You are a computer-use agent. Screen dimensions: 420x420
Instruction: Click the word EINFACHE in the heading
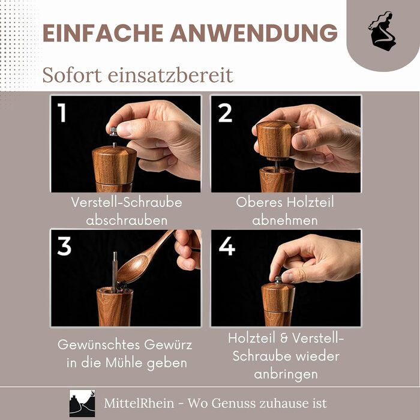(103, 33)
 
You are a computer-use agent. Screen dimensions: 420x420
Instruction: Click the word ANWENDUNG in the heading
(254, 33)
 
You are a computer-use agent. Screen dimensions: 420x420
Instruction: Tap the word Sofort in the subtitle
(72, 75)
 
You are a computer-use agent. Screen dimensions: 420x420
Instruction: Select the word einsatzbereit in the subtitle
(170, 75)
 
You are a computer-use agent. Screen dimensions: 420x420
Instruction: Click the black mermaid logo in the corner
(382, 31)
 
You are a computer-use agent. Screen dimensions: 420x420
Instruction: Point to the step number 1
(62, 113)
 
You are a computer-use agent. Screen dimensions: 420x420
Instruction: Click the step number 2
(225, 113)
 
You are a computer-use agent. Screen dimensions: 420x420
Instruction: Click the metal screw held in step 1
(113, 131)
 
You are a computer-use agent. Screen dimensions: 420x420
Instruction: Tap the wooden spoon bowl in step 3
(133, 269)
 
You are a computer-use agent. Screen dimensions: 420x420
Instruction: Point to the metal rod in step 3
(115, 271)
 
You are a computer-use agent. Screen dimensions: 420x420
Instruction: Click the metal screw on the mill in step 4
(278, 280)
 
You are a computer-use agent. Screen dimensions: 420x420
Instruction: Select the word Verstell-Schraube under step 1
(127, 202)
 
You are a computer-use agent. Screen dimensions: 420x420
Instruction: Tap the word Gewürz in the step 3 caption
(168, 345)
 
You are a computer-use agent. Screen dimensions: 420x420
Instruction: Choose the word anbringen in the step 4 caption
(286, 374)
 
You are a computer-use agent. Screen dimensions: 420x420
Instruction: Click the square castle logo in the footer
(82, 403)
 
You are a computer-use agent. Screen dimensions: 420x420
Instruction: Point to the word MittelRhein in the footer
(139, 403)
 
